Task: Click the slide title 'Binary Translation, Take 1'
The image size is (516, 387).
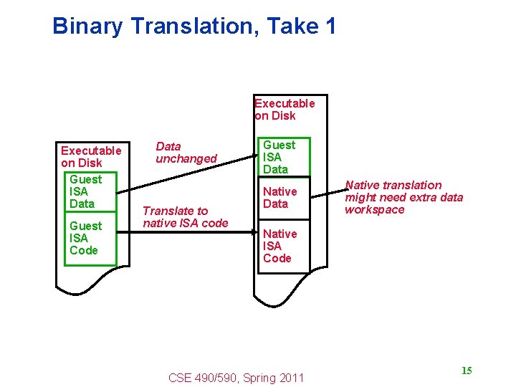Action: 194,27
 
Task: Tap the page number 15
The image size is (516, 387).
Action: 467,371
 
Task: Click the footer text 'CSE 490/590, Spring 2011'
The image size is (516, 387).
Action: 236,378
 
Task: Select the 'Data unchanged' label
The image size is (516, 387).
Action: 186,153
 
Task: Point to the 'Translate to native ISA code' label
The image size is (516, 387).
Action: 185,216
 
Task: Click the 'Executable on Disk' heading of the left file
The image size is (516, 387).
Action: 91,156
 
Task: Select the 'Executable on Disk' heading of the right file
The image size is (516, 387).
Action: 285,109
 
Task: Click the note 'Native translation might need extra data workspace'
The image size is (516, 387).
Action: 403,197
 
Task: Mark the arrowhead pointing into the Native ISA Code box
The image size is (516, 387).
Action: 254,231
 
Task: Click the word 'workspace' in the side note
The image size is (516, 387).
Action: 374,209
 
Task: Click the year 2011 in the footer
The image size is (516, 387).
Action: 292,378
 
